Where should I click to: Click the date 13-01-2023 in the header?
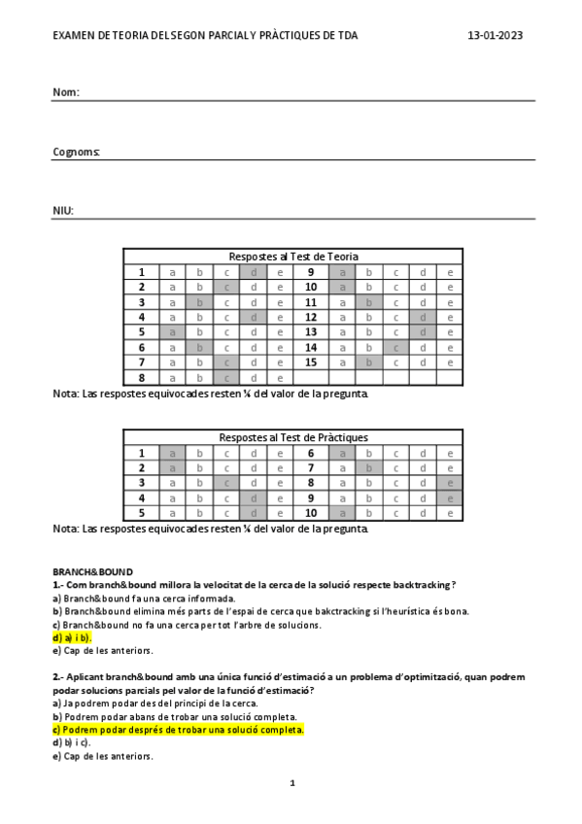coord(495,35)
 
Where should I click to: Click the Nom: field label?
coord(65,92)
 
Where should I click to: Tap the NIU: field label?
coord(63,211)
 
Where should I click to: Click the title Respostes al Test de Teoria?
coord(292,257)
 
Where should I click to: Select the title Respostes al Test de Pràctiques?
coord(292,437)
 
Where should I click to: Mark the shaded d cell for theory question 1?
coord(253,272)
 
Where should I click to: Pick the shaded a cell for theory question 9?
coord(342,272)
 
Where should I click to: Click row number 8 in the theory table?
coord(141,378)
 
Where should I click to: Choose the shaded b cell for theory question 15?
coord(369,362)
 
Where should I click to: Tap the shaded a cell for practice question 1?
coord(172,453)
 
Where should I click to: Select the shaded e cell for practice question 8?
coord(450,482)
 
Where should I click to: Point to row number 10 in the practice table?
coord(311,513)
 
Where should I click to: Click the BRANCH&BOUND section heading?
coord(92,572)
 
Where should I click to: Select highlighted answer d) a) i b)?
coord(72,637)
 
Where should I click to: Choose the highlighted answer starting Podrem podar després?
coord(179,730)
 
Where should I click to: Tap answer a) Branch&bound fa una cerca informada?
coord(144,599)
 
